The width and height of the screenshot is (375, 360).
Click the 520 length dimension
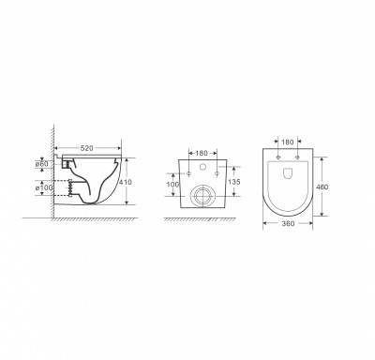click(87, 148)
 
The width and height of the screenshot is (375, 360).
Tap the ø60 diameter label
click(41, 163)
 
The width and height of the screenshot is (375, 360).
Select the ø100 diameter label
click(44, 187)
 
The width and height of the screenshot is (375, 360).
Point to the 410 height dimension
click(126, 182)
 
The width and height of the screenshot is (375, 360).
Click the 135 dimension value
click(233, 182)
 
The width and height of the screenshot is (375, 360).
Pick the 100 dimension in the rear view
click(172, 185)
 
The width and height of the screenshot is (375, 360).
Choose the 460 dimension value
click(322, 187)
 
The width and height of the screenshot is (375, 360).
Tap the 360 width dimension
click(288, 223)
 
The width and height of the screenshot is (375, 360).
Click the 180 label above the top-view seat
click(288, 142)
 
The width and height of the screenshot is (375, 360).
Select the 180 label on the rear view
click(202, 154)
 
